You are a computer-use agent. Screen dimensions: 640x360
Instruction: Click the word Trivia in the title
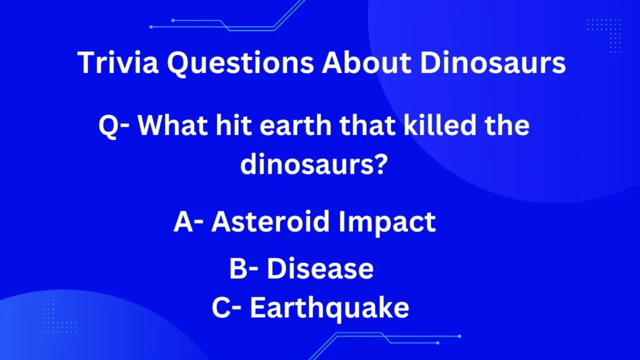[x=118, y=63]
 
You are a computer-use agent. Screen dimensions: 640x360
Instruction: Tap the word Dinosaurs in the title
[x=492, y=63]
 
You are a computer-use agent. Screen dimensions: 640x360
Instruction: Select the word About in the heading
[x=366, y=63]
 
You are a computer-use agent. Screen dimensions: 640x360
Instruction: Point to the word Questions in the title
[x=241, y=64]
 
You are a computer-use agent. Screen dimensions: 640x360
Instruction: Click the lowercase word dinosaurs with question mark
[x=314, y=164]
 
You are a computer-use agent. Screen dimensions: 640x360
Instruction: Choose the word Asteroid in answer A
[x=270, y=222]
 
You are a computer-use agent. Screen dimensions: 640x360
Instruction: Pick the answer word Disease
[x=320, y=269]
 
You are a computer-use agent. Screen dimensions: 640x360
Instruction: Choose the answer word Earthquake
[x=329, y=308]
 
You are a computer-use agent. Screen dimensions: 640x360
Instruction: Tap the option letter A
[x=183, y=222]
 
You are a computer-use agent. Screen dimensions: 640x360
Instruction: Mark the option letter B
[x=237, y=269]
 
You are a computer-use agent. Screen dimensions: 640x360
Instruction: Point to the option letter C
[x=221, y=307]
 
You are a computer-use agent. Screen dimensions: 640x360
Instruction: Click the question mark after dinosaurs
[x=380, y=164]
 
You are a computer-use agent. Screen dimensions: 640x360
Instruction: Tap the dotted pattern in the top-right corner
[x=604, y=36]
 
